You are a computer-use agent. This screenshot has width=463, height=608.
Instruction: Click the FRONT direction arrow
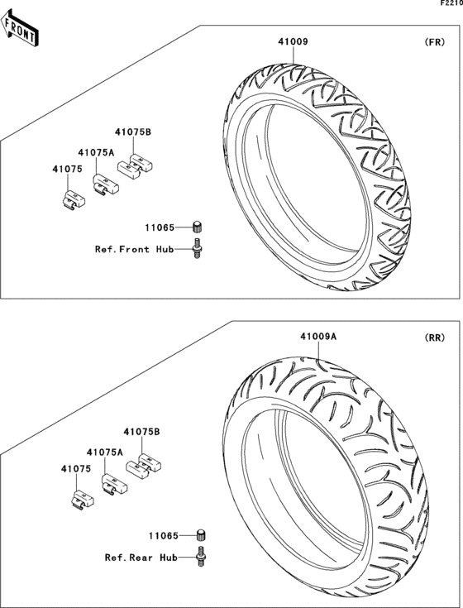coord(18,28)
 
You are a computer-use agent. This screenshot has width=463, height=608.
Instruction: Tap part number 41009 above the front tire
coord(293,41)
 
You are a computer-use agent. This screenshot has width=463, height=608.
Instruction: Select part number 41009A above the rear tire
coord(318,336)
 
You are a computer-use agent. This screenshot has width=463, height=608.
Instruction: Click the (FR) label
coord(435,42)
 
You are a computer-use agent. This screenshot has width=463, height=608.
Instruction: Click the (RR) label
coord(435,338)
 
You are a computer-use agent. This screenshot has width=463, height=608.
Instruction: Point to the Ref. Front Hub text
coord(135,249)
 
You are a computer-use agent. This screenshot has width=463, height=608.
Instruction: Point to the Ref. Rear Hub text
coord(141,558)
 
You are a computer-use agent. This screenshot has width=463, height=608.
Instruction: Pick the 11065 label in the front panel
coord(160,227)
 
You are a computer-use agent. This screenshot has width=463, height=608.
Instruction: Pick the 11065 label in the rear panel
coord(164,536)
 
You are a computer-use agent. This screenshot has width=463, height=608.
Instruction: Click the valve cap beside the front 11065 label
coord(198,227)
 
